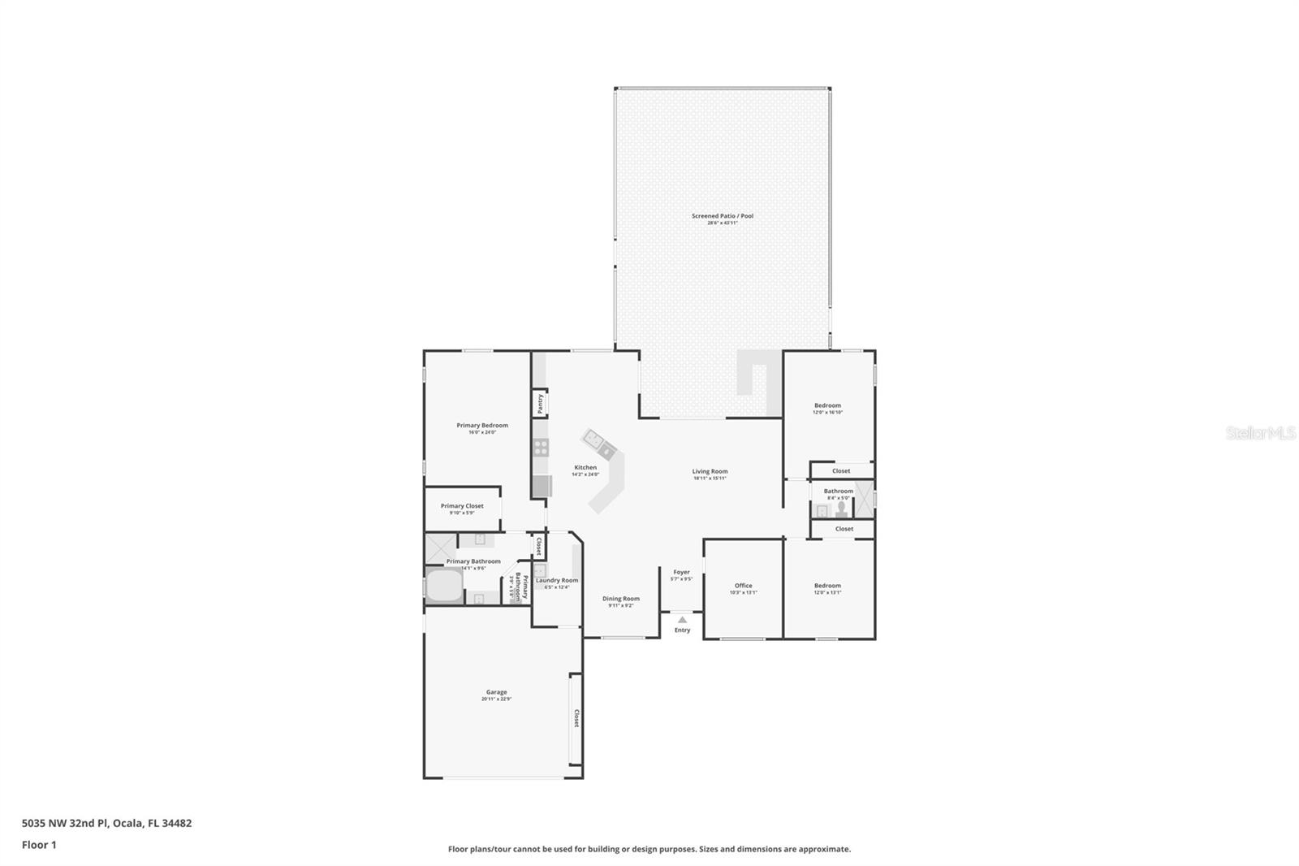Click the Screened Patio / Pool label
[x=722, y=216]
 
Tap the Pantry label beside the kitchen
[x=540, y=404]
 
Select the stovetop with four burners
[x=541, y=447]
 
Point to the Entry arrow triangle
[x=682, y=619]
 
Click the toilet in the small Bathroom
[x=841, y=509]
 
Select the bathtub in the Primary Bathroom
[x=443, y=585]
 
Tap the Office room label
[x=743, y=585]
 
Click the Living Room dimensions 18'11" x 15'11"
[x=710, y=478]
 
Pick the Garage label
[x=496, y=692]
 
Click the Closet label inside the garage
[x=576, y=719]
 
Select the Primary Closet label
[x=462, y=506]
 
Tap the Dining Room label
[x=620, y=599]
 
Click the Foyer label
[x=681, y=572]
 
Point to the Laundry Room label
[x=557, y=580]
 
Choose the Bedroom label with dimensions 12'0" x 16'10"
[x=827, y=405]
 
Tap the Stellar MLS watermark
[x=1260, y=433]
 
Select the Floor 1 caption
[x=39, y=845]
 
